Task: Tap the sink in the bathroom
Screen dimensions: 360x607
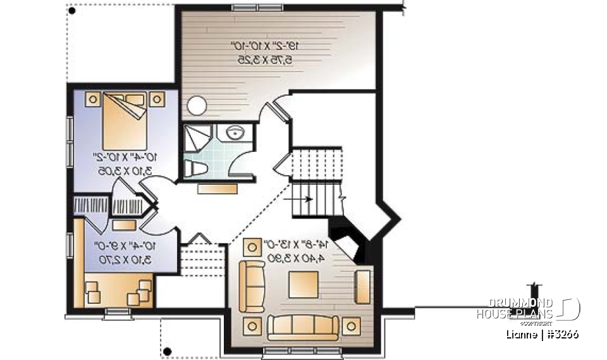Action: point(235,133)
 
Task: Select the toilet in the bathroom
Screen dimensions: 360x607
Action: point(197,167)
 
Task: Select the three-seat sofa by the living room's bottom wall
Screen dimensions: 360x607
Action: point(303,326)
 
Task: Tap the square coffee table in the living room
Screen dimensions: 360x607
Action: point(303,284)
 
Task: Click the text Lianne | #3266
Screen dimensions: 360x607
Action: point(543,334)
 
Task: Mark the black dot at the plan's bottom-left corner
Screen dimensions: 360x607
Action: point(168,351)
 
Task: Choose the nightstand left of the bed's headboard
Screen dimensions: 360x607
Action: point(92,99)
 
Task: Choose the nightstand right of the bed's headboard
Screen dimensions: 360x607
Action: point(156,98)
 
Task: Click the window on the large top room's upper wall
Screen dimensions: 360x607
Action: point(248,8)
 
